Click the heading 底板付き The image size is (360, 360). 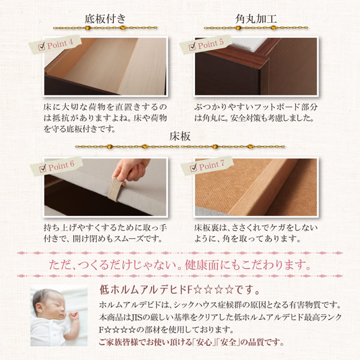(105, 19)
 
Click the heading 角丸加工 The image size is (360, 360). (256, 19)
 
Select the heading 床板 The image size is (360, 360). (180, 136)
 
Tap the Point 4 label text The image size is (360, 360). (59, 44)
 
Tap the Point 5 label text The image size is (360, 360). (211, 44)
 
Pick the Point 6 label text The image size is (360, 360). (61, 166)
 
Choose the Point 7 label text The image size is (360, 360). (211, 165)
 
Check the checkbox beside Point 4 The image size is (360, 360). (41, 47)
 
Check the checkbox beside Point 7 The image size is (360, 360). (193, 167)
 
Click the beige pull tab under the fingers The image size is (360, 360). (116, 190)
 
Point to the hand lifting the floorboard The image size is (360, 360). (131, 170)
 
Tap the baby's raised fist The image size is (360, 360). (73, 315)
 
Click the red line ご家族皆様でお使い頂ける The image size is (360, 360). (145, 343)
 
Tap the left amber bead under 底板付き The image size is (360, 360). (88, 28)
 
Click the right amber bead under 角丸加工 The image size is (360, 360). (273, 28)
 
